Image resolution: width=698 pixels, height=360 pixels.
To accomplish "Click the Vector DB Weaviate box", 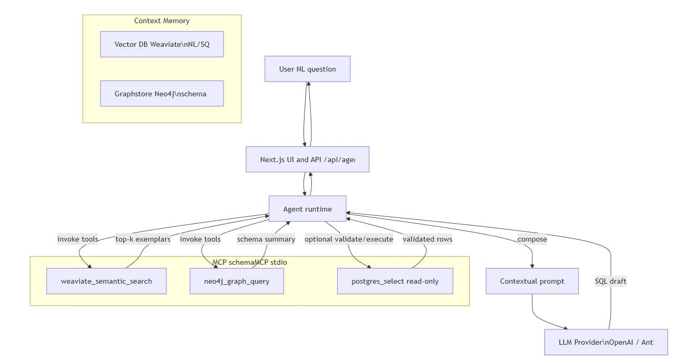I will pos(162,44).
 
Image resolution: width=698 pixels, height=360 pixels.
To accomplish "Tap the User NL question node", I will pos(307,69).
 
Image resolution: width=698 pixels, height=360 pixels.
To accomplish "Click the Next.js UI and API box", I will pos(307,159).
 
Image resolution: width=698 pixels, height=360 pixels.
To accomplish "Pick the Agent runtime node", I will pos(307,209).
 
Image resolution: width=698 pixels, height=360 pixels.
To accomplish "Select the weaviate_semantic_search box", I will pos(106,281).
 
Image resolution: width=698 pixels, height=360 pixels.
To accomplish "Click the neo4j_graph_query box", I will pos(236,281).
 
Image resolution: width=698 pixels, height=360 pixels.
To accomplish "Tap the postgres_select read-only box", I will pos(394,281).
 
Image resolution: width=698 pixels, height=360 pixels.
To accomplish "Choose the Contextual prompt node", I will pos(532,281).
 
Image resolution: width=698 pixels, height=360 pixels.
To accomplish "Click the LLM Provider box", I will pos(606,342).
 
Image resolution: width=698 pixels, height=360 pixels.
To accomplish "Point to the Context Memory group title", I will pos(161,21).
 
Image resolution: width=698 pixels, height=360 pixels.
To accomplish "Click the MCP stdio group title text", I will pos(250,262).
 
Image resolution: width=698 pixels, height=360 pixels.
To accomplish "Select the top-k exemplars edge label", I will pos(143,239).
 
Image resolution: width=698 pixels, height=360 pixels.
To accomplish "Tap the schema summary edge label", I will pos(266,239).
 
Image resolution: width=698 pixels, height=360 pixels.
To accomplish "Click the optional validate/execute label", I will pos(349,239).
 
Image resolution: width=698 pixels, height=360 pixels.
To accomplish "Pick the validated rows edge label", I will pos(427,239).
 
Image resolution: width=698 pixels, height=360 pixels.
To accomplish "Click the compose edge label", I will pos(532,239).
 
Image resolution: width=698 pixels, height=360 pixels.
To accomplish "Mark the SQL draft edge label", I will pos(610,281).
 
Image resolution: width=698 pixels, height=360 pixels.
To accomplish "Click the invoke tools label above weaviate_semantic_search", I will pos(78,239).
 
